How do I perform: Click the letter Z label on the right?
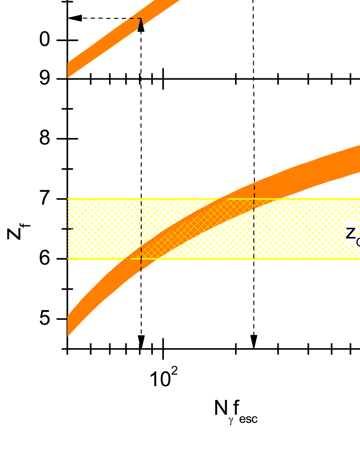click(350, 233)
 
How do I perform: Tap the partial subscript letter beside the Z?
click(358, 243)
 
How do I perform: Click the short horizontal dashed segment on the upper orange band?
click(134, 18)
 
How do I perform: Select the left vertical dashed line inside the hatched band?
click(141, 229)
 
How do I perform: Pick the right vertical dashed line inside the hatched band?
click(254, 229)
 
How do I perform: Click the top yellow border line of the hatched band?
click(169, 199)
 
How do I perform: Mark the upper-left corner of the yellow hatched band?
click(68, 199)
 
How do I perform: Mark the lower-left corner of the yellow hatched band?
click(68, 258)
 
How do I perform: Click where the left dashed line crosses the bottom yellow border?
click(141, 258)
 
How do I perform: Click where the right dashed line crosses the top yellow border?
click(254, 199)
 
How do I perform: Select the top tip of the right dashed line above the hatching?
click(255, 186)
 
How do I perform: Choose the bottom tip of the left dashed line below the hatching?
click(141, 270)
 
